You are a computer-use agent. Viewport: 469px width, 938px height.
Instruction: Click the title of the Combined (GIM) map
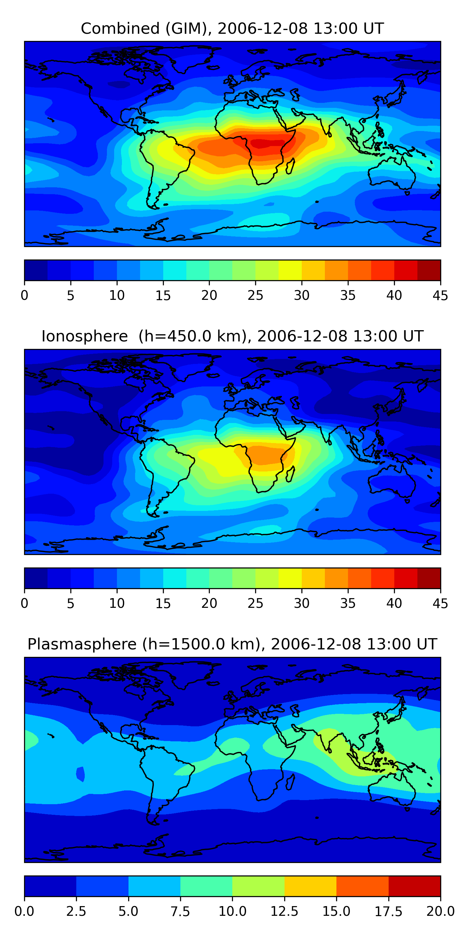tap(232, 28)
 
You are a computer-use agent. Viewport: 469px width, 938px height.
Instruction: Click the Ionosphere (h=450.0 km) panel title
tap(232, 336)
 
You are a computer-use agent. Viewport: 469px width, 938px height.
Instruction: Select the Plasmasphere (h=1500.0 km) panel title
tap(232, 644)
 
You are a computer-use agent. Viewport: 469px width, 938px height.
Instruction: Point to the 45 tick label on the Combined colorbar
tap(440, 295)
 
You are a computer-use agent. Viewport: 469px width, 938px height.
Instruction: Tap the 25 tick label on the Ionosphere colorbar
tap(255, 603)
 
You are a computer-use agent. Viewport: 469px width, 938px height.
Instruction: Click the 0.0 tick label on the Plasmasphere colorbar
tap(24, 911)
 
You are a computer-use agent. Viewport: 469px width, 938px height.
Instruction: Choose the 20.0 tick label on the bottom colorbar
tap(440, 911)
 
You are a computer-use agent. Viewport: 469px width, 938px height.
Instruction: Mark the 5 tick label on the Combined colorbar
tap(71, 295)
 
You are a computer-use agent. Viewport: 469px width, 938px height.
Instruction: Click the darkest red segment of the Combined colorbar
tap(429, 270)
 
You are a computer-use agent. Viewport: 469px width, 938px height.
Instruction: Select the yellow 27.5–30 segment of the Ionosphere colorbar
tap(290, 578)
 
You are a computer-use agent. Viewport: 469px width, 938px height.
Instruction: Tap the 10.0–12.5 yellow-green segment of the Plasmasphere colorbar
tap(258, 886)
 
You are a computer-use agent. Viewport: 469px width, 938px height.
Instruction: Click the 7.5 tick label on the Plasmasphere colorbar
tap(180, 911)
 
